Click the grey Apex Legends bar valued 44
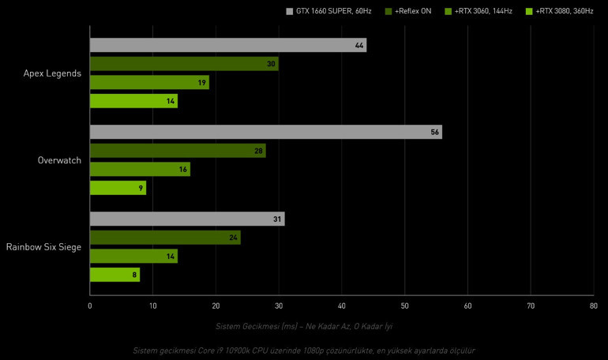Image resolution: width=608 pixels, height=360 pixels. click(227, 45)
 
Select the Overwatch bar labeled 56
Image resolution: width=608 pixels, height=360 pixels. click(265, 132)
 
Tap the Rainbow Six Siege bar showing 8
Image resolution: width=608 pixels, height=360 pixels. click(114, 275)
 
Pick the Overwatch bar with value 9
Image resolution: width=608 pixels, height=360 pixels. click(118, 188)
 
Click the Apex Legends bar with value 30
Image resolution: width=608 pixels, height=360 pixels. click(184, 64)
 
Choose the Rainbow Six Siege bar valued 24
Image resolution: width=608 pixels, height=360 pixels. click(165, 238)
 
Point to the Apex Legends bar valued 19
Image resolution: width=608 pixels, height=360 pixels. click(149, 82)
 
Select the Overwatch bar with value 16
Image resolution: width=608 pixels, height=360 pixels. click(140, 169)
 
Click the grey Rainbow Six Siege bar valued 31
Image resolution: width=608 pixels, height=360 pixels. click(187, 219)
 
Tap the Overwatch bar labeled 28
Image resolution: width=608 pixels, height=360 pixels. click(178, 151)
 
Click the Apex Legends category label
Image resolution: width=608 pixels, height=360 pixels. click(53, 73)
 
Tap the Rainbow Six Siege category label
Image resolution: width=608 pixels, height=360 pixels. click(43, 247)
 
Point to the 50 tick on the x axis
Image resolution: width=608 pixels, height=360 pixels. click(404, 305)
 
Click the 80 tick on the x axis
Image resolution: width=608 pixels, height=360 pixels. click(593, 305)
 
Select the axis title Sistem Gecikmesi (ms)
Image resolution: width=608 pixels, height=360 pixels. click(304, 326)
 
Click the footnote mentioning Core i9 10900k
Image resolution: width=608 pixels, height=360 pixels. click(304, 350)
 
